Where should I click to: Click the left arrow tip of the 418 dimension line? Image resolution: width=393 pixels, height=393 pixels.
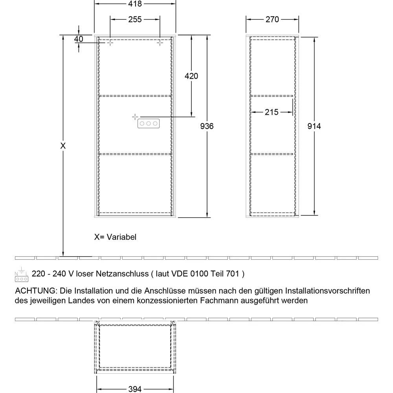click(x=94, y=4)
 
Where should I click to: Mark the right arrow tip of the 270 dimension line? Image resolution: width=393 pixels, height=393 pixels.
click(x=299, y=19)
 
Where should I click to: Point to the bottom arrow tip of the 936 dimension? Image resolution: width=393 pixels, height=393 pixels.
click(x=207, y=217)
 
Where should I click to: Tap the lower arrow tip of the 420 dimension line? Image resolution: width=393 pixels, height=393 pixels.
click(x=191, y=117)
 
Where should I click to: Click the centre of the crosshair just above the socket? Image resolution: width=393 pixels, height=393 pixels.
click(x=135, y=117)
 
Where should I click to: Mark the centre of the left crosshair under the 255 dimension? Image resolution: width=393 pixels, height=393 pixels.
click(x=110, y=43)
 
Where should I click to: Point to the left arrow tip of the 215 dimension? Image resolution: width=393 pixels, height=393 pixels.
click(x=251, y=112)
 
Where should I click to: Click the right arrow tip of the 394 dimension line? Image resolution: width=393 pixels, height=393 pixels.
click(x=173, y=389)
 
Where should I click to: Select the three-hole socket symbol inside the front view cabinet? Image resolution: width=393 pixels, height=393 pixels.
click(x=149, y=123)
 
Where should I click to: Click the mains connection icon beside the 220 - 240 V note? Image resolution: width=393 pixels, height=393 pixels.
click(x=21, y=274)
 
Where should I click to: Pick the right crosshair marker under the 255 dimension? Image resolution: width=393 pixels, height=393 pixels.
click(x=160, y=43)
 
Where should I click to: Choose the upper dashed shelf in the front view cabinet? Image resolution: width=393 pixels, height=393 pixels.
click(x=135, y=96)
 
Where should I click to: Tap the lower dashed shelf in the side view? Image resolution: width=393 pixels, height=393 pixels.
click(x=272, y=154)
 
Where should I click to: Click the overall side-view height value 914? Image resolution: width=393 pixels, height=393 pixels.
click(x=314, y=126)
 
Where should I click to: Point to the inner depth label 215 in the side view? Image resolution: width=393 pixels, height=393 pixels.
click(x=272, y=112)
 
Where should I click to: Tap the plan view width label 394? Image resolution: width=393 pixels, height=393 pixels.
click(x=135, y=389)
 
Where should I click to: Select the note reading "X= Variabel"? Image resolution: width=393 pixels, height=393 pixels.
click(x=115, y=237)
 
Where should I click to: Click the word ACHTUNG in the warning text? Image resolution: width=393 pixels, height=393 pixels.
click(x=36, y=291)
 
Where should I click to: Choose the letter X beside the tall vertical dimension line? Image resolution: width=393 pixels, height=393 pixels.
click(x=63, y=146)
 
